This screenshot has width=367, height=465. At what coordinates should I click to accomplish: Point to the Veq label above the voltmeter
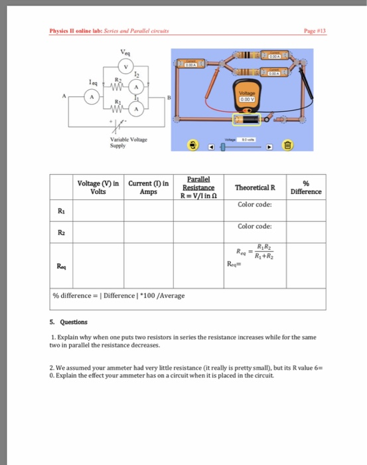125,52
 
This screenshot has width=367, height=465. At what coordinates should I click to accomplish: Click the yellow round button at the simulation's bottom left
193,144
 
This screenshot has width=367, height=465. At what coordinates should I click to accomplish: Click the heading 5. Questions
74,322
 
